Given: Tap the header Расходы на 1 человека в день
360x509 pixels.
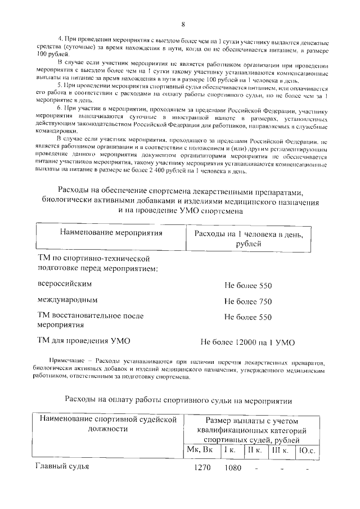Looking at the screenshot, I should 248,238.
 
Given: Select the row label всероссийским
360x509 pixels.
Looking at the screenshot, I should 64,285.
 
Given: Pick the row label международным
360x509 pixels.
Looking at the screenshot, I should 67,301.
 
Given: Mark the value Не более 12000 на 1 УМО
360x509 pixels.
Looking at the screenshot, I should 247,341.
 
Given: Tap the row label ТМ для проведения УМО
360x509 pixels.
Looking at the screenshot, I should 83,340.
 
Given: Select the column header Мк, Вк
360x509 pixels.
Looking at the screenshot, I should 201,450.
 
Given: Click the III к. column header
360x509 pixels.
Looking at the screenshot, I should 280,450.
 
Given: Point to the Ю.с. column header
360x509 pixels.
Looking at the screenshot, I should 308,450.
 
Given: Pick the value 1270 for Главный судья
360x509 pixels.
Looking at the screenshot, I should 202,467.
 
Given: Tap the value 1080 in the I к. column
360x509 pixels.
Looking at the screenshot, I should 232,467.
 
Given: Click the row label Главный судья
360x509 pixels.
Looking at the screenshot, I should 63,466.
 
